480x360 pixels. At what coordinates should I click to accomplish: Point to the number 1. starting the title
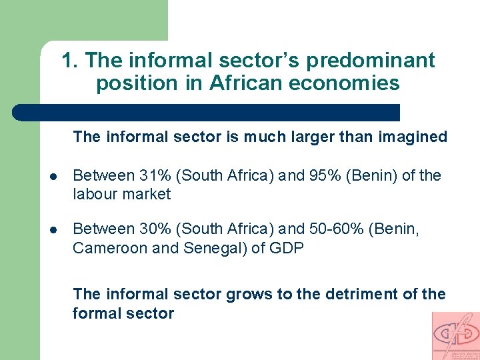[x=71, y=61]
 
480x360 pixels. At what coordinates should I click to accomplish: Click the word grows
[x=248, y=294]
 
